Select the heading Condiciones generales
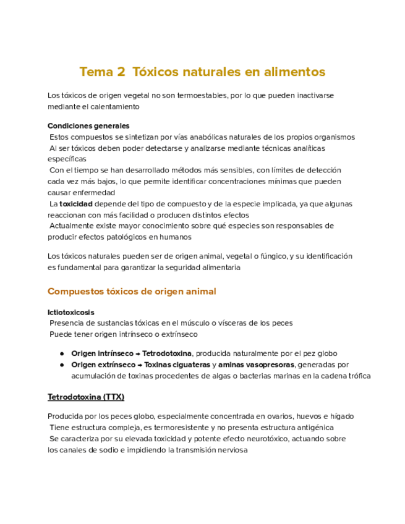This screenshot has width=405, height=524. point(88,125)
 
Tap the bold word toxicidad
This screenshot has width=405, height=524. point(76,203)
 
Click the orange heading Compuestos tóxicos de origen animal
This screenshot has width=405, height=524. point(132,291)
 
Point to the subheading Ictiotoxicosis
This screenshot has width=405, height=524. point(71,312)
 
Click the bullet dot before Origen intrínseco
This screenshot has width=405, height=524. point(62,353)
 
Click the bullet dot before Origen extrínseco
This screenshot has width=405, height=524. point(62,365)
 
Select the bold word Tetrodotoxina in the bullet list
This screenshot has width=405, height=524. point(168,353)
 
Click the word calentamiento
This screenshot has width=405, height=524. point(113,106)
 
